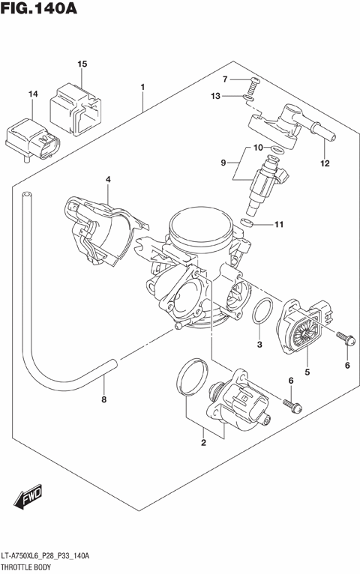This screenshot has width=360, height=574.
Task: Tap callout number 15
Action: pos(82,65)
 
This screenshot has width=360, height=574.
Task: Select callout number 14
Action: pos(32,94)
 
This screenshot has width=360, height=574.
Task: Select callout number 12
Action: pos(324,163)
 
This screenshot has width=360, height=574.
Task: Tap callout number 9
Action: pos(223,163)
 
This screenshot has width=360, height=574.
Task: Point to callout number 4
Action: pos(108,179)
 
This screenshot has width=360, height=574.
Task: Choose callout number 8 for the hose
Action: pos(103,399)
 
